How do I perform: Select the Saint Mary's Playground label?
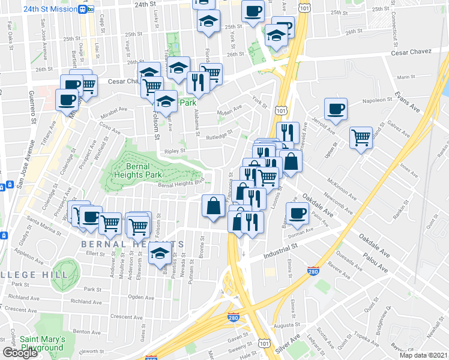41,343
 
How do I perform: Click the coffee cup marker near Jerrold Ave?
336,109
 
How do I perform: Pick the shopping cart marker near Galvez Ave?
361,137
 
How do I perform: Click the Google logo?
20,352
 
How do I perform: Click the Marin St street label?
406,77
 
